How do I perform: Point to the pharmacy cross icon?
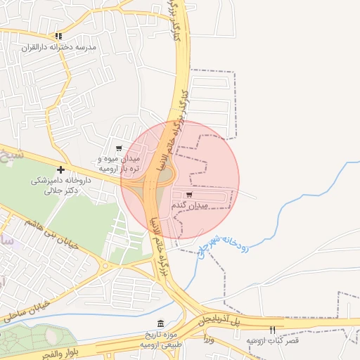[61, 169]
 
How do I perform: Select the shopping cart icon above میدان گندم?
[189, 194]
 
